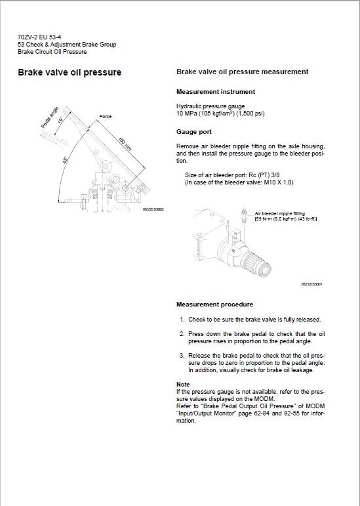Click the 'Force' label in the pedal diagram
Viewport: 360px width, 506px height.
point(105,116)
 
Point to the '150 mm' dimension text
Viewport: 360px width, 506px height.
point(124,144)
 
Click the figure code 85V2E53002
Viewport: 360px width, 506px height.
point(152,209)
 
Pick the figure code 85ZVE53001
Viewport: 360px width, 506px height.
point(311,284)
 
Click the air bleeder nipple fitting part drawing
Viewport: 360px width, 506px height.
point(244,216)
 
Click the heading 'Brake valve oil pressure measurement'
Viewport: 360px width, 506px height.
point(243,72)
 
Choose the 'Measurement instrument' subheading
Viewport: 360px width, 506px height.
point(216,92)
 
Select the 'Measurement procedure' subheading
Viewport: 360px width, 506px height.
point(214,305)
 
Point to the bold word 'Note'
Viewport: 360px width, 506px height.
point(183,384)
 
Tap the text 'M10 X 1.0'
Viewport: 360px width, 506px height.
point(277,182)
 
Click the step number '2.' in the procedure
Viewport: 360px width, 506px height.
point(182,334)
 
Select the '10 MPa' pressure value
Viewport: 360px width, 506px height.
point(188,113)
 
